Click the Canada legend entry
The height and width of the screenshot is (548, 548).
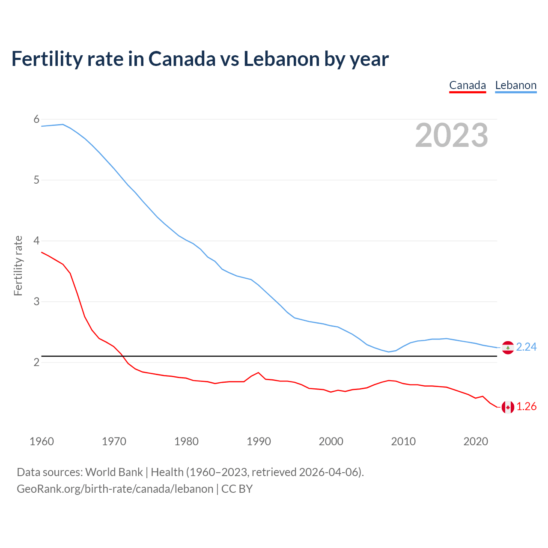click(468, 85)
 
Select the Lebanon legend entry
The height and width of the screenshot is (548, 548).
click(515, 85)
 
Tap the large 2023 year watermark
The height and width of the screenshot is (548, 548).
click(452, 135)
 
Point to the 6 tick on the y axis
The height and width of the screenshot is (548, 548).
click(36, 119)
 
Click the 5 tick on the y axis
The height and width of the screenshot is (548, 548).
click(36, 180)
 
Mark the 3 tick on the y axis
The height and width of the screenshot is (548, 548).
click(36, 302)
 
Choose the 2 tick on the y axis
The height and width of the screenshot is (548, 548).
click(36, 363)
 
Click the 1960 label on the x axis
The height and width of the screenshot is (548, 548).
click(42, 441)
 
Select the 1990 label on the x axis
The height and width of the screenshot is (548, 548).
click(259, 441)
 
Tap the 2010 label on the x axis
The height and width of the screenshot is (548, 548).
click(403, 441)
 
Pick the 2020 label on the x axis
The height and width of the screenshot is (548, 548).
click(476, 441)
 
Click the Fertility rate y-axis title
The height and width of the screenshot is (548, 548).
click(18, 265)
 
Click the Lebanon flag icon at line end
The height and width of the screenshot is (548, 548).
click(508, 348)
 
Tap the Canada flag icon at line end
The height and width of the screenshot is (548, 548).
click(508, 407)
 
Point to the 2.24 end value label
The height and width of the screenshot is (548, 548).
click(526, 347)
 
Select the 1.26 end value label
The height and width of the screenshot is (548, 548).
click(526, 407)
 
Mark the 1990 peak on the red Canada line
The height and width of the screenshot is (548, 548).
click(258, 372)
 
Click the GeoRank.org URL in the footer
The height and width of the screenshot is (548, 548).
click(115, 489)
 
